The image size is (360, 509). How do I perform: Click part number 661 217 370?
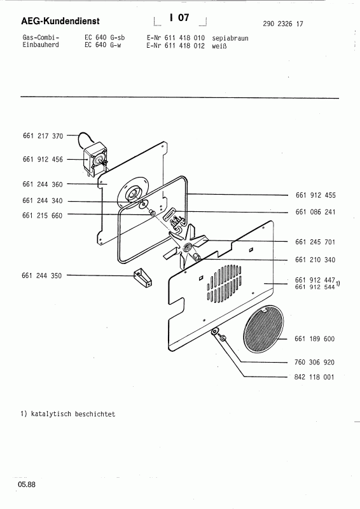42,136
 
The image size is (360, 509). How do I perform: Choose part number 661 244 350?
42,275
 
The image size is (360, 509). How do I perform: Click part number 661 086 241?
315,211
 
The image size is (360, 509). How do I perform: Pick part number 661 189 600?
315,339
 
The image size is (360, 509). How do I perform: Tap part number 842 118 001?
315,377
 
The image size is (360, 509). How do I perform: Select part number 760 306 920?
315,362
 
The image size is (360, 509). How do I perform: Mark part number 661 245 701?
315,242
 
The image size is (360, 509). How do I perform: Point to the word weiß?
218,46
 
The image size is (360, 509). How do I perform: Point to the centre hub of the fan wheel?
188,246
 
